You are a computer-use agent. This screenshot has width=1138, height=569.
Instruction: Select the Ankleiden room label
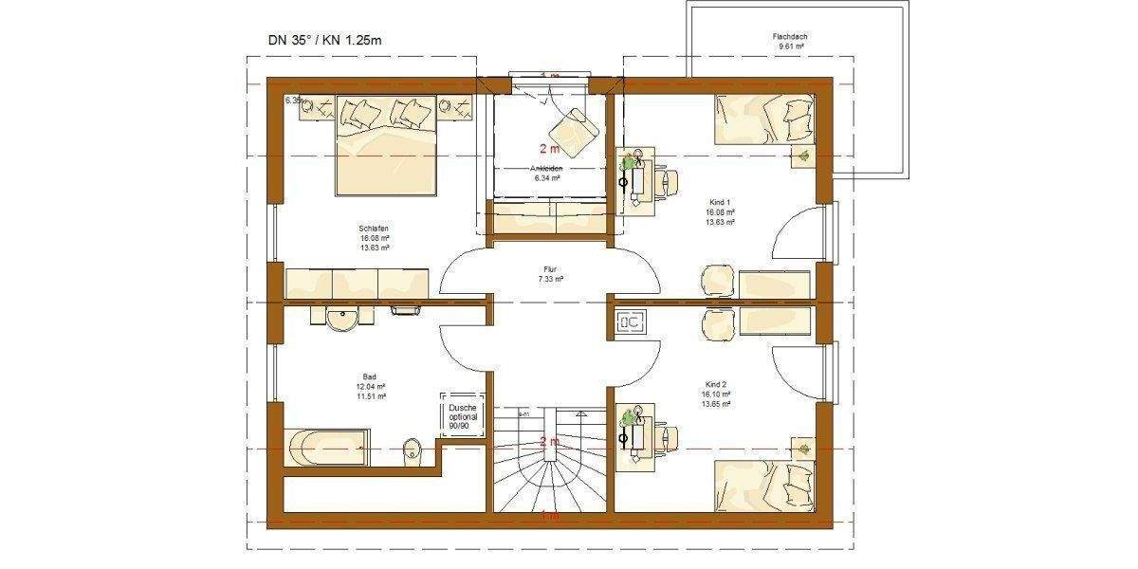click(548, 168)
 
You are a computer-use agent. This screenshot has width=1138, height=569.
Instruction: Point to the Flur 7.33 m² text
click(549, 274)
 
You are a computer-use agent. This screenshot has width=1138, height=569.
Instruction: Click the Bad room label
click(370, 376)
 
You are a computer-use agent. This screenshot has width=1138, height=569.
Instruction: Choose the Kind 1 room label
click(721, 202)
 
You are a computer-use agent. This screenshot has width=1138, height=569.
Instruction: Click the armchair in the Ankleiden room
click(573, 126)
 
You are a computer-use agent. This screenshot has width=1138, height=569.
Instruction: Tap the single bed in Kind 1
click(764, 118)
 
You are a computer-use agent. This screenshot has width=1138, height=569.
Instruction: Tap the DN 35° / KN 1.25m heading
click(326, 40)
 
